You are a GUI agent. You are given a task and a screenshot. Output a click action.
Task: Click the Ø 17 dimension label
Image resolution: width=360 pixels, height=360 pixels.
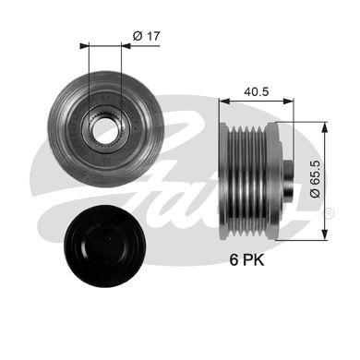point(145,36)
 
